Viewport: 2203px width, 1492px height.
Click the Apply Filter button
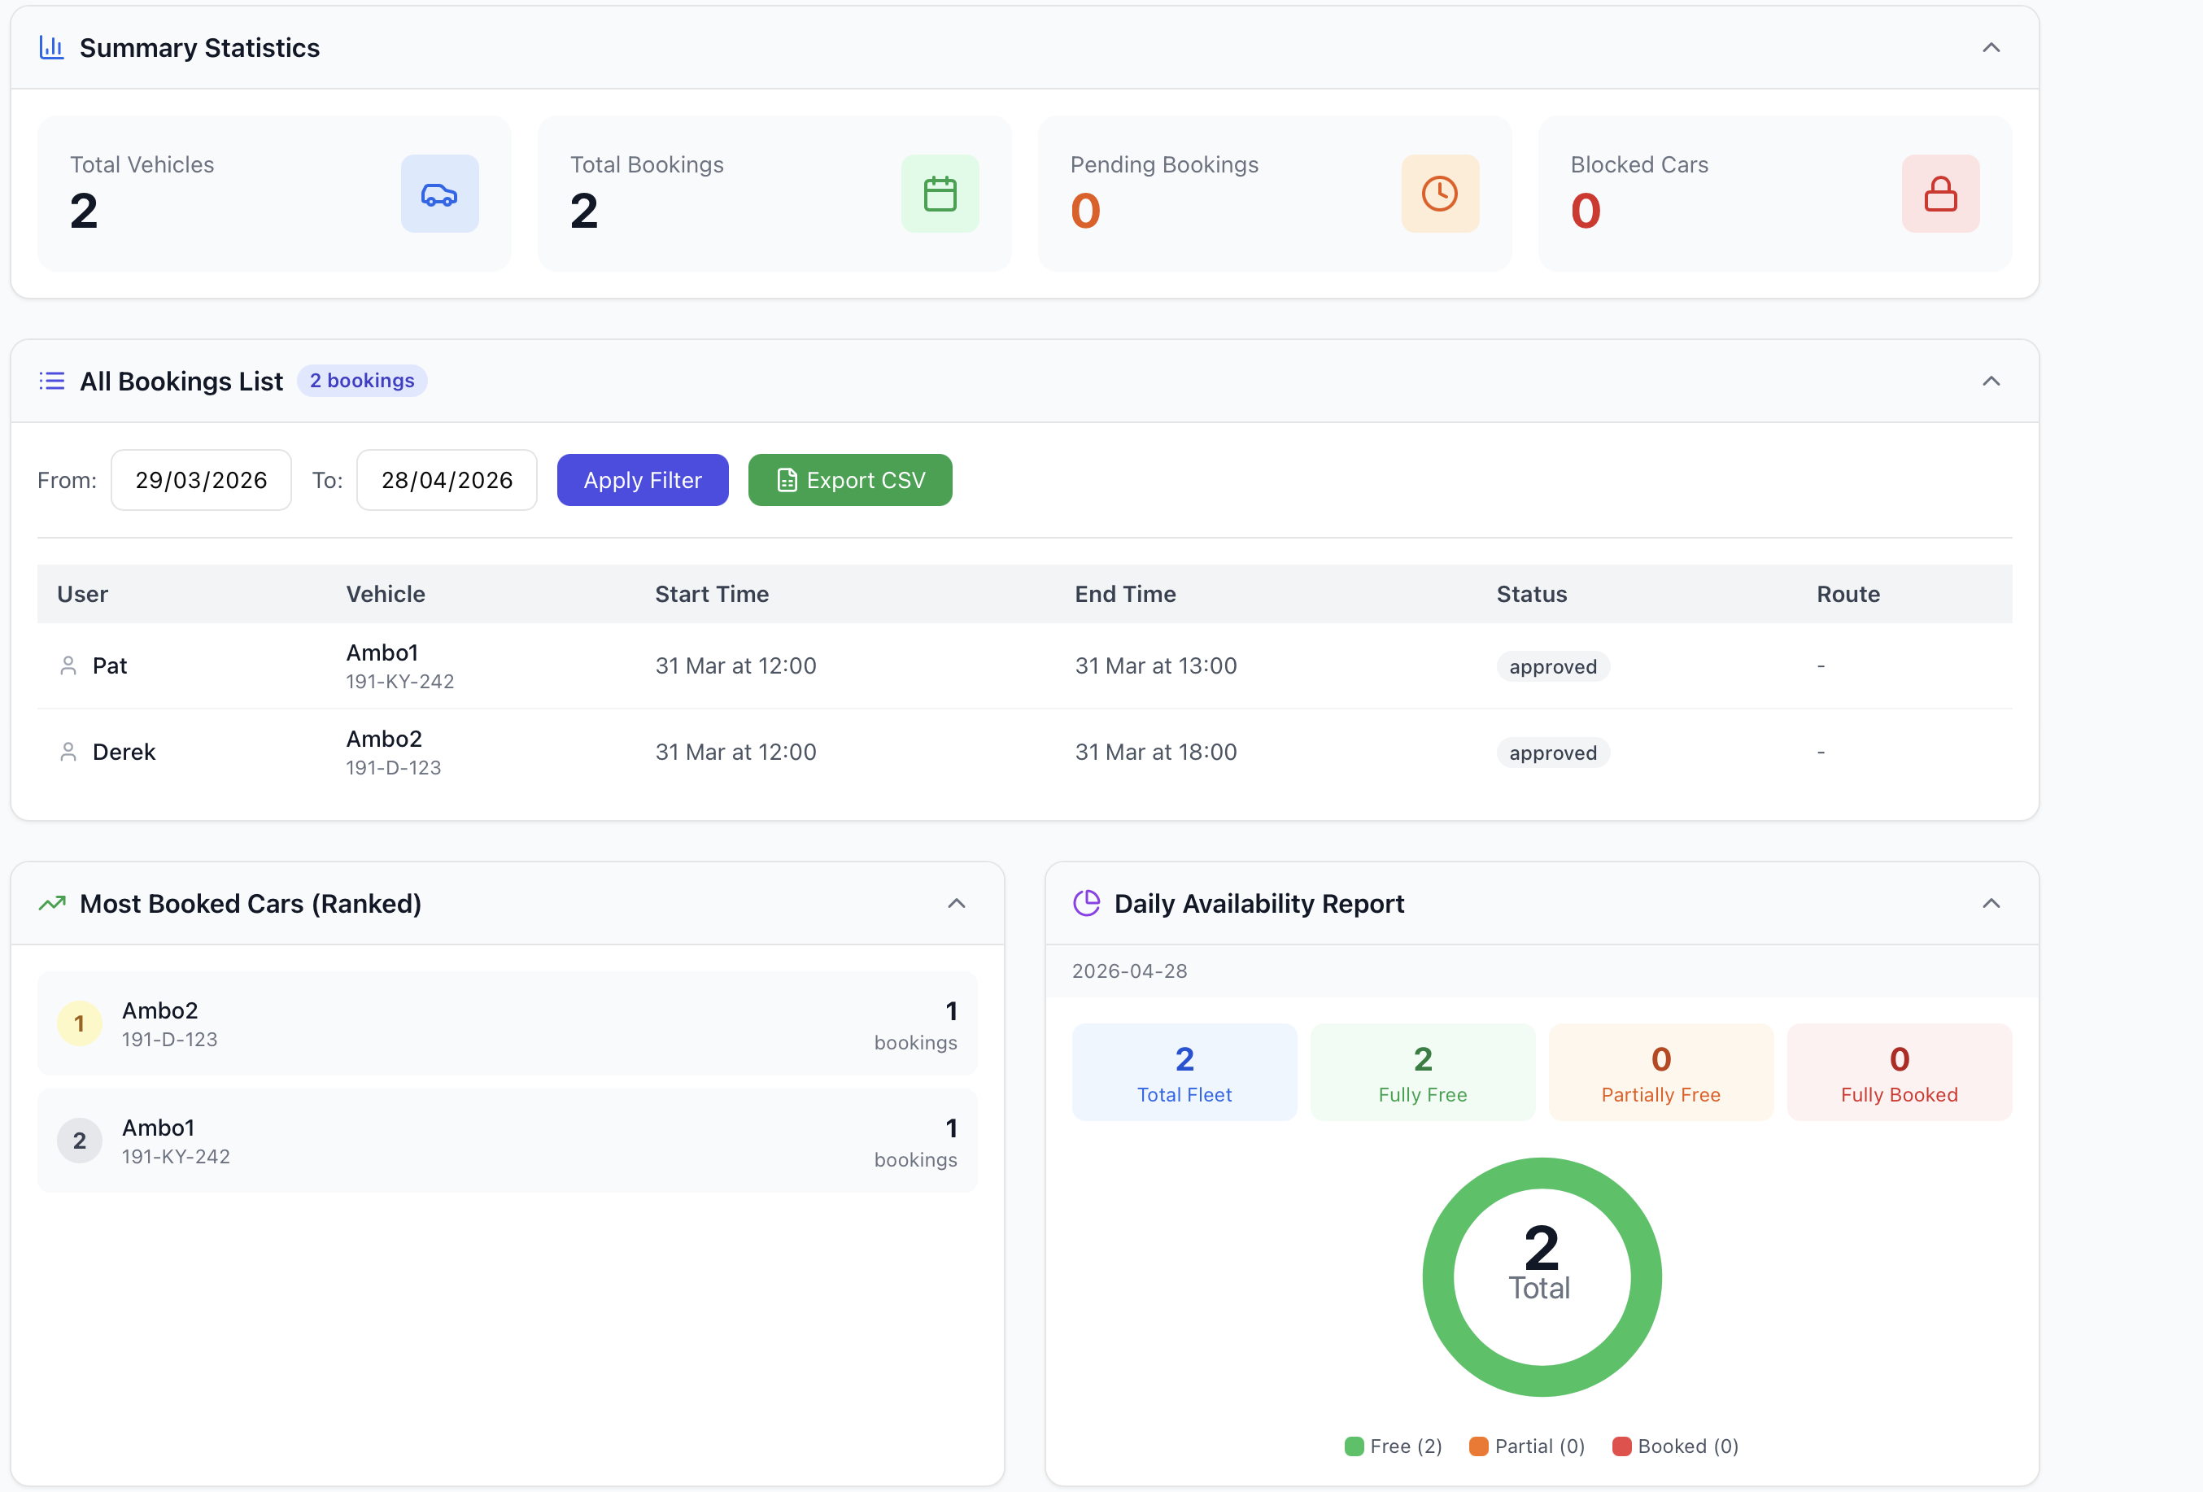click(x=643, y=480)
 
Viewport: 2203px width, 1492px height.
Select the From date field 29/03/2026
click(x=201, y=480)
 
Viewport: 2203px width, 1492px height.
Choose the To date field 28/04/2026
click(x=447, y=480)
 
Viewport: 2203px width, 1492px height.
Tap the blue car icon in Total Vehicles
click(x=440, y=194)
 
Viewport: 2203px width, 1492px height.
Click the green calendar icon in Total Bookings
click(x=940, y=194)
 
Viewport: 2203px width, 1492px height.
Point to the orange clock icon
click(x=1440, y=194)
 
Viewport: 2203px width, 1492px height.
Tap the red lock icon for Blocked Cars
click(x=1940, y=194)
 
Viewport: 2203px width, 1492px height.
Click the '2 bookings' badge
click(x=362, y=380)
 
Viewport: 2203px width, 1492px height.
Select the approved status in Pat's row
click(x=1553, y=666)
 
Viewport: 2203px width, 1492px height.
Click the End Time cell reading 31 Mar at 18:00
click(x=1155, y=752)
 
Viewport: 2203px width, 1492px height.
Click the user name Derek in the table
click(x=124, y=752)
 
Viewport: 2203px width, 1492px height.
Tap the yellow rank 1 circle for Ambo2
click(x=80, y=1023)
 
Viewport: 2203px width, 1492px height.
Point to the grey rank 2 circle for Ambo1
click(x=80, y=1141)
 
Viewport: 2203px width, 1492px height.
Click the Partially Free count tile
click(x=1660, y=1072)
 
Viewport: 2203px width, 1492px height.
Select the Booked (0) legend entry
click(x=1675, y=1446)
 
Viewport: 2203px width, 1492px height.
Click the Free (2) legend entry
click(x=1394, y=1446)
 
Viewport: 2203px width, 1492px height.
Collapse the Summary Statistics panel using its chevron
click(x=1991, y=47)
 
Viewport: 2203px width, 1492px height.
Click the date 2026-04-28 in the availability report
click(x=1129, y=971)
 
